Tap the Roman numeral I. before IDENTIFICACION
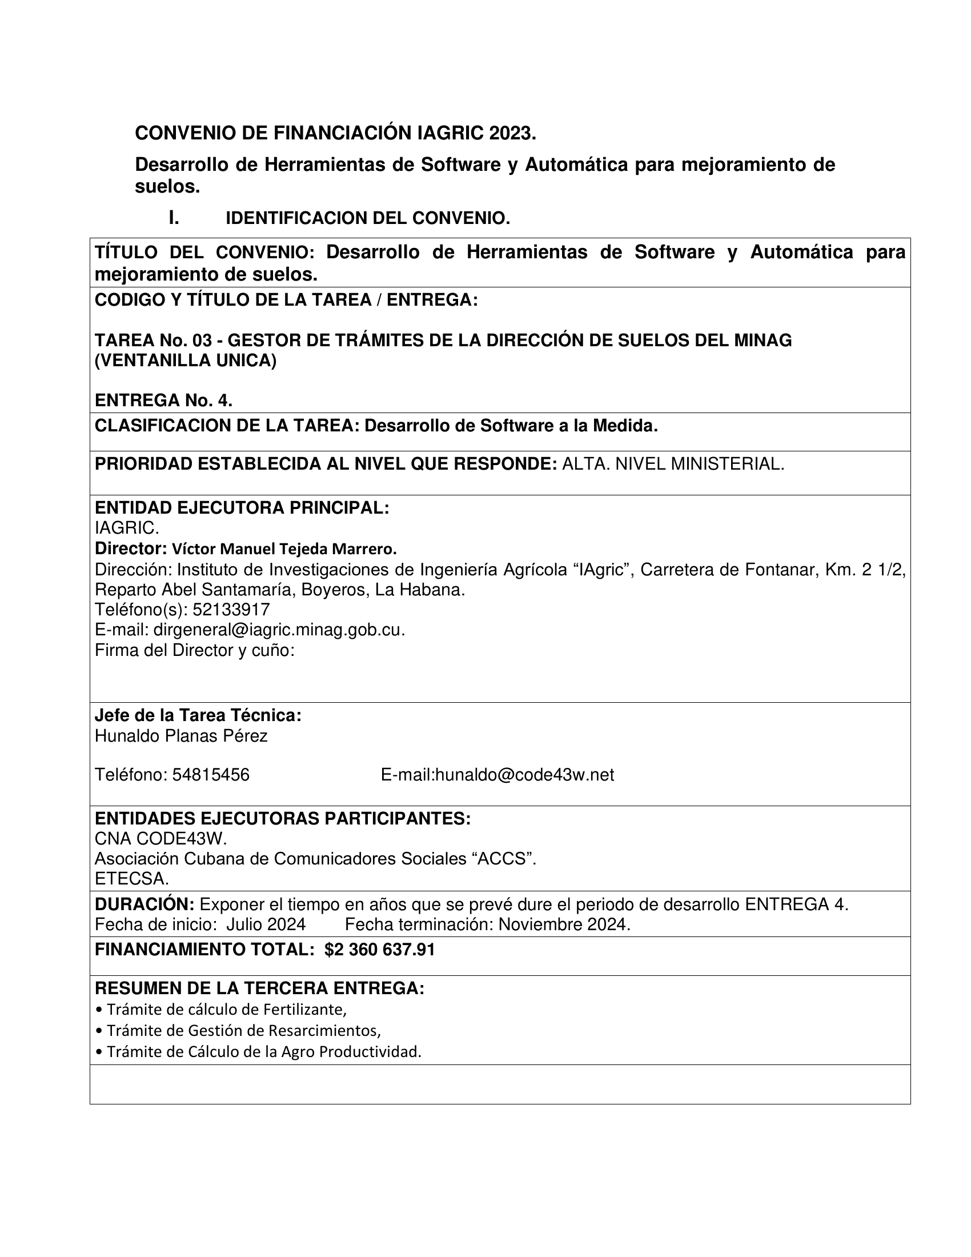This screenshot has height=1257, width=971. coord(173,218)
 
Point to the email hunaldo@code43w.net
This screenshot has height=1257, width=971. coord(524,775)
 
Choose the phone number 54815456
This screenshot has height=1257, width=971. coord(211,775)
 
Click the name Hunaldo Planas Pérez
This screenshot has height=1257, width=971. coord(180,735)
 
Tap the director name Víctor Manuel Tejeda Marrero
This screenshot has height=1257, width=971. coord(284,549)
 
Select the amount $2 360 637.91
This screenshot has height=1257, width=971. coord(380,950)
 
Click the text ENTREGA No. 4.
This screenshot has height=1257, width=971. coord(163,400)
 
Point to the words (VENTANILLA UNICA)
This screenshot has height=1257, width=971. coord(185,361)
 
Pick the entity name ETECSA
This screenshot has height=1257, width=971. coord(132,879)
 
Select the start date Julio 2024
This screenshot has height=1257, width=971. coord(265,924)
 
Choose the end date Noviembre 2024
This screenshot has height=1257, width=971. coord(564,924)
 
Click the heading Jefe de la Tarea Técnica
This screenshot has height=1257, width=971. coord(198,715)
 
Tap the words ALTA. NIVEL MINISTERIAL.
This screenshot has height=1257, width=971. coord(672,464)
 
